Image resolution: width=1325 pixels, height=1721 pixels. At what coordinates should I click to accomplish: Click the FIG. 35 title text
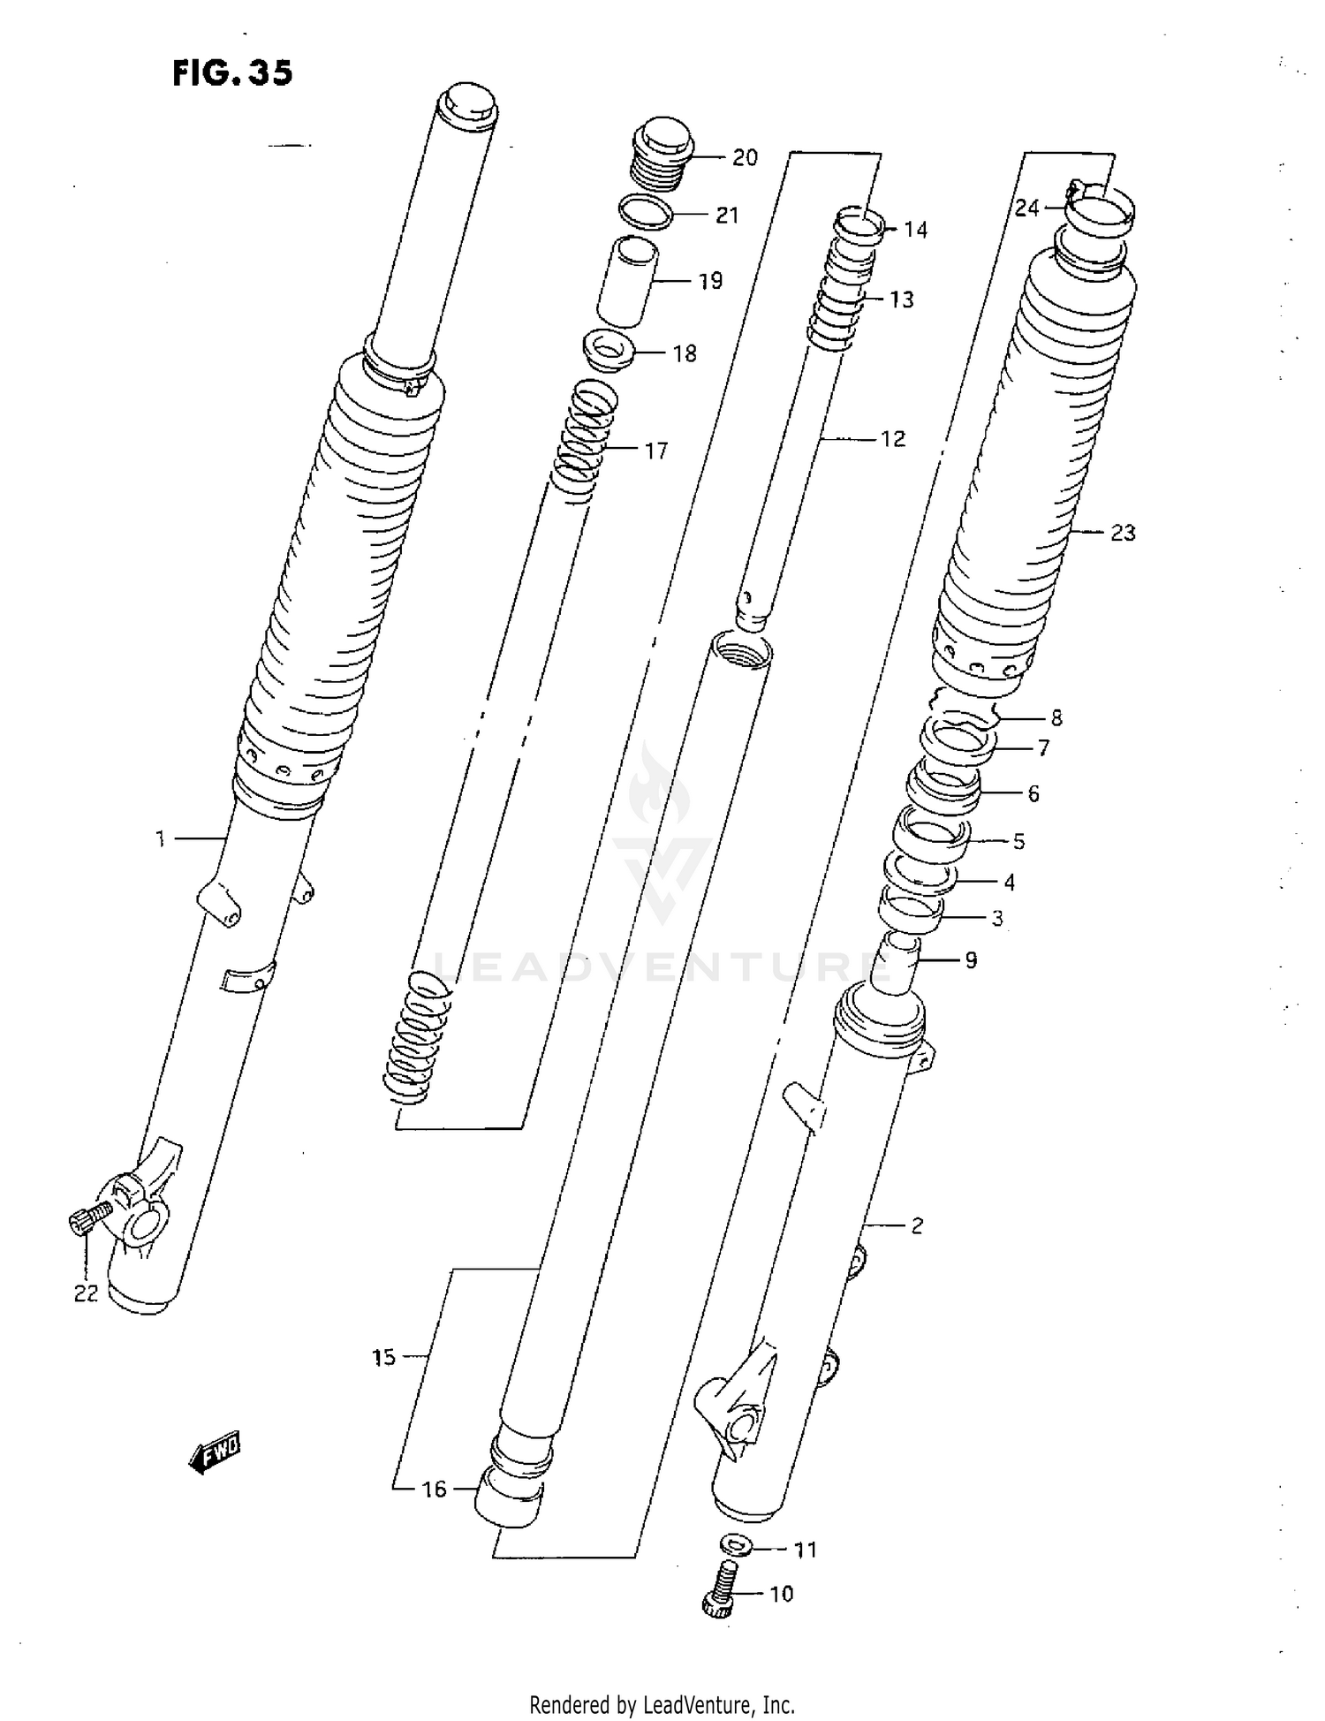tap(231, 72)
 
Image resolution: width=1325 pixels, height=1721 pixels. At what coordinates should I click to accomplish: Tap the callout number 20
tap(745, 157)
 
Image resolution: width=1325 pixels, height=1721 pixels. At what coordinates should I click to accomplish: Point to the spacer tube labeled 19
tap(627, 281)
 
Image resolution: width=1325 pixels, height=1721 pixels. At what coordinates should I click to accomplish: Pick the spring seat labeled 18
tap(611, 351)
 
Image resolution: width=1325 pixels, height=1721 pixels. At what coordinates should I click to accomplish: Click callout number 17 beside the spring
tap(655, 451)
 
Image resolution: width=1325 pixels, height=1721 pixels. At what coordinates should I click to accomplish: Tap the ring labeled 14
tap(859, 225)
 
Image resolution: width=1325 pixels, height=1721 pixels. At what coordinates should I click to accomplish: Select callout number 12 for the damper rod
tap(893, 439)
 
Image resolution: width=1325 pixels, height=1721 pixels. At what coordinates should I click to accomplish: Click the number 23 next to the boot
tap(1122, 533)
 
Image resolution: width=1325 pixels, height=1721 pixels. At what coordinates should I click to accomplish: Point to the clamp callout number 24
tap(1026, 208)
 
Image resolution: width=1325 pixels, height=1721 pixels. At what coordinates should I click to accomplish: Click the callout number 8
tap(1056, 717)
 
